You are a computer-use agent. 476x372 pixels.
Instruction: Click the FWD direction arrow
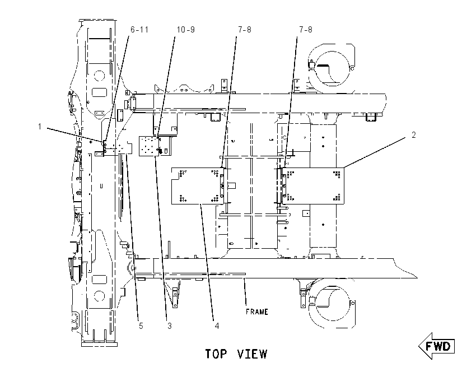coord(437,346)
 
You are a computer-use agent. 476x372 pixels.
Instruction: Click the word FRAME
coord(257,312)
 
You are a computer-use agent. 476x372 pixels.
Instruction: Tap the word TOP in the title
coord(216,354)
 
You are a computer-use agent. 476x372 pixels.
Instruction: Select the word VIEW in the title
coord(252,354)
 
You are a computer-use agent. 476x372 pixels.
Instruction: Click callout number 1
coord(39,126)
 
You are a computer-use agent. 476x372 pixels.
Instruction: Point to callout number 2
coord(413,135)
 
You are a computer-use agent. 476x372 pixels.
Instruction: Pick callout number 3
coord(169,326)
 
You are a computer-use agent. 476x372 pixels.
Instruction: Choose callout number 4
coord(217,326)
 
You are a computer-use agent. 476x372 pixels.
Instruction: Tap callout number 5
coord(141,326)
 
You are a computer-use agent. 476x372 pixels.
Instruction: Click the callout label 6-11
coord(139,30)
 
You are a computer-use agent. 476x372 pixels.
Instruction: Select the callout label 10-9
coord(186,30)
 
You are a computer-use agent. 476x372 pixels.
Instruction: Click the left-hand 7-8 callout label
coord(245,30)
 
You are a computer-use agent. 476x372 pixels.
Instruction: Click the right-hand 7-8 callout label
coord(306,30)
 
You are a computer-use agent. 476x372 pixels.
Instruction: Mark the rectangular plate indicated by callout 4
coord(198,186)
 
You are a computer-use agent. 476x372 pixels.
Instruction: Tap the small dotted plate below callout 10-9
coord(149,146)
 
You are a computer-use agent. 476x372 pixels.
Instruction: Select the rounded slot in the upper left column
coord(99,92)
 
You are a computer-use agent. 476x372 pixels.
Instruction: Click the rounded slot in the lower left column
coord(99,280)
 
